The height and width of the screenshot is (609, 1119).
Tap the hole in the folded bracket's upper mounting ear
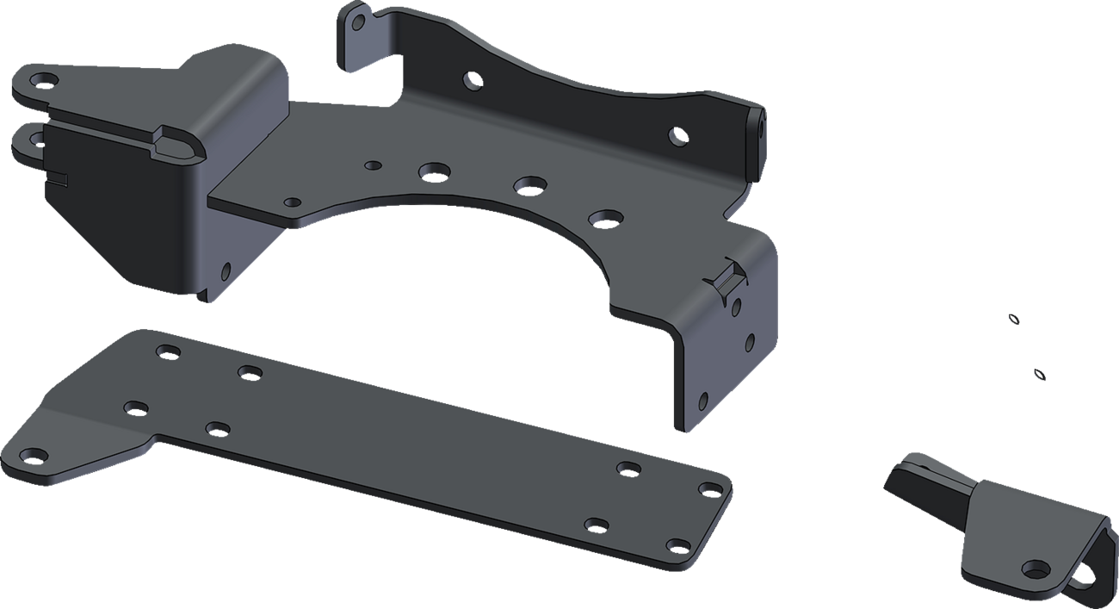coord(40,82)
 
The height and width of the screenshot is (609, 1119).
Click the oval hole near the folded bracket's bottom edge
coord(226,270)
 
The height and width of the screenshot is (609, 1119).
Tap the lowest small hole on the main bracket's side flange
coord(703,401)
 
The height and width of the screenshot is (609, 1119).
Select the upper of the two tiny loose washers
coord(1015,320)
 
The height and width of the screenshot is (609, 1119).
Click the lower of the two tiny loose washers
coord(1040,375)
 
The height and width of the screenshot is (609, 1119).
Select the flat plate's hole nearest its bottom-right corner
coord(678,546)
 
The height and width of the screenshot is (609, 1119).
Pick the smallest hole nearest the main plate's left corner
coord(293,202)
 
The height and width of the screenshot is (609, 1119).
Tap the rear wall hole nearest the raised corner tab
coord(473,81)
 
